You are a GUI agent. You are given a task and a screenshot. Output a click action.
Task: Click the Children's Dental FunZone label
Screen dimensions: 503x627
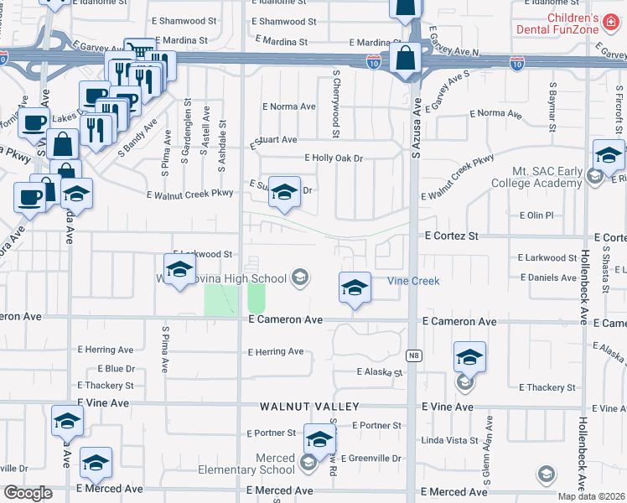pos(573,24)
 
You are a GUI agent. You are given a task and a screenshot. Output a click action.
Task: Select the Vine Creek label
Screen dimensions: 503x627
pos(413,281)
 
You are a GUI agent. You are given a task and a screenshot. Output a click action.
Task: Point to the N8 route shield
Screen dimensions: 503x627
pos(413,355)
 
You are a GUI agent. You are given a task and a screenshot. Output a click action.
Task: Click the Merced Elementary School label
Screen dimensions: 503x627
pos(246,464)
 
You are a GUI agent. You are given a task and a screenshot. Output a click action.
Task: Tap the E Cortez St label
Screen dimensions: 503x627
pos(450,237)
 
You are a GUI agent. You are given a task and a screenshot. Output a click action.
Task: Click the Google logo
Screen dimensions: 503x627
pos(27,493)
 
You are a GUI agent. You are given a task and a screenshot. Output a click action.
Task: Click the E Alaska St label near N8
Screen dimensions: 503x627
pos(380,371)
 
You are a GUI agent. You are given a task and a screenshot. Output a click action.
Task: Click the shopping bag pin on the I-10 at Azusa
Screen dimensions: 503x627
pos(406,59)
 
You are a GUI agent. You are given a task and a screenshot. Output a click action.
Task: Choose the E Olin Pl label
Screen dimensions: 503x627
pos(536,215)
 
